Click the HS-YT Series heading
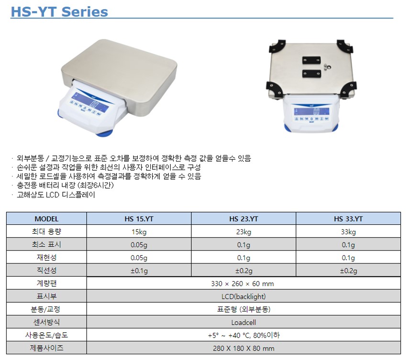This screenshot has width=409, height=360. coord(59,12)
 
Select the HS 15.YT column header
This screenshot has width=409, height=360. coord(139,218)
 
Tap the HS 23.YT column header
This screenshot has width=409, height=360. coord(243,218)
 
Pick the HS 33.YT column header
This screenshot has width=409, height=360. coord(348,218)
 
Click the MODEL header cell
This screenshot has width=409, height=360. coord(46,218)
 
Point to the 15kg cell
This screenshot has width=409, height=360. coord(139,232)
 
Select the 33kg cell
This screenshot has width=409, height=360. coord(348,232)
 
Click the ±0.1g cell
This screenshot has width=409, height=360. coord(139,271)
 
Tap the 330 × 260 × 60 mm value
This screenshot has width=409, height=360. coord(243,284)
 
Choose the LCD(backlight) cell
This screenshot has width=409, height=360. coord(243,297)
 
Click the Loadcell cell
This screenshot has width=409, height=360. coord(243,322)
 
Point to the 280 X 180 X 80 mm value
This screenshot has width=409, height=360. coord(243,348)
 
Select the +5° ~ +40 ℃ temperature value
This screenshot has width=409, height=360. coord(230,335)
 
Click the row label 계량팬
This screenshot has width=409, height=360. coord(46,284)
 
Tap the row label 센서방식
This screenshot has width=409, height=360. coord(46,322)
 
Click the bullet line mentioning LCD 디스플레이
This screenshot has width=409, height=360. coord(56,195)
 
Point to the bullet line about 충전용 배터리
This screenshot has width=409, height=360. coord(65,185)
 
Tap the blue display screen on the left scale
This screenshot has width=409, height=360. coord(90,102)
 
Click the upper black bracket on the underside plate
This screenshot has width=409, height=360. coord(311,60)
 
